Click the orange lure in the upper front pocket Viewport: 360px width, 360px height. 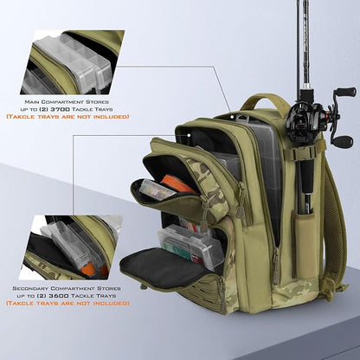[177, 183]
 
